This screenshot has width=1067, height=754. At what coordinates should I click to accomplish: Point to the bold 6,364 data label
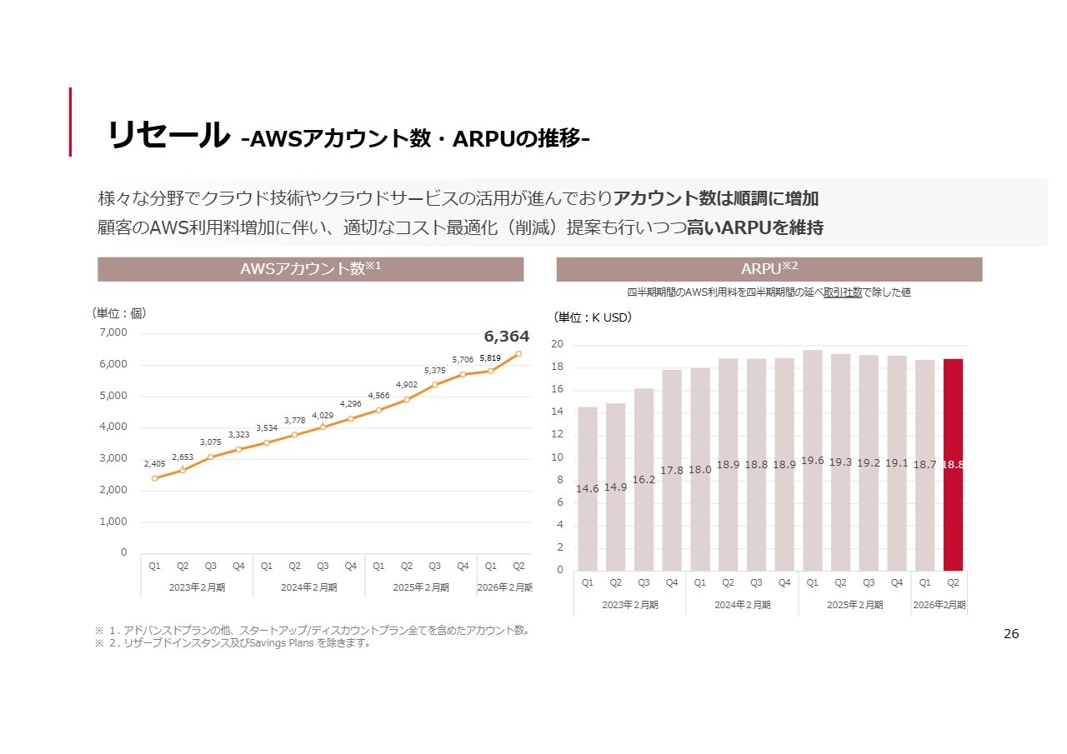(506, 337)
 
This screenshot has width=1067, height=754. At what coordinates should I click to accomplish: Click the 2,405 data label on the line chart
(154, 463)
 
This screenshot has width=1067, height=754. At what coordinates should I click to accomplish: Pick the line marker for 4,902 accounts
(407, 400)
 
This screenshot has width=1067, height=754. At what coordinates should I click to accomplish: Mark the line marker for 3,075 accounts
(211, 457)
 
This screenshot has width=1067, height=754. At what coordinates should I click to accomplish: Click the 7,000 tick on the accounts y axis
(113, 332)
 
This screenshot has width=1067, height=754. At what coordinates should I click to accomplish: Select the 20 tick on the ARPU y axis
(557, 345)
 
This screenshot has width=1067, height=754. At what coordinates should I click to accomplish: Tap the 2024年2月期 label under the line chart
(308, 587)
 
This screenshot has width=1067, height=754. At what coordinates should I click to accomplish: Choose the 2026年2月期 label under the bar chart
(939, 605)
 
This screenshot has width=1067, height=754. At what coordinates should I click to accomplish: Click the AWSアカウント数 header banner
(310, 269)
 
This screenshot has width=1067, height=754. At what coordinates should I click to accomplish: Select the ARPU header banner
(769, 269)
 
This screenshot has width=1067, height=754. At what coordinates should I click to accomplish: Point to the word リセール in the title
(168, 136)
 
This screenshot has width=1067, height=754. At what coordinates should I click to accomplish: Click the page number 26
(1010, 635)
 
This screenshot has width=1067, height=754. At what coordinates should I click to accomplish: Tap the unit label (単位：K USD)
(593, 317)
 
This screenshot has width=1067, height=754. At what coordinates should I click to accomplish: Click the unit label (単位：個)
(118, 313)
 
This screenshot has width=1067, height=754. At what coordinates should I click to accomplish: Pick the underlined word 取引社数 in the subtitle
(842, 292)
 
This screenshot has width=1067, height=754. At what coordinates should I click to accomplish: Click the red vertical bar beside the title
(70, 122)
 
